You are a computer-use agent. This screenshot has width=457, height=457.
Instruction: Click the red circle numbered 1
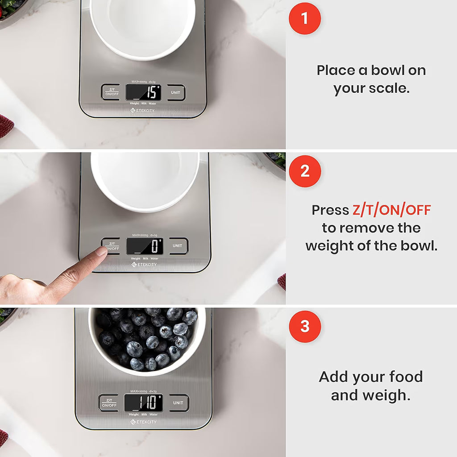click(305, 18)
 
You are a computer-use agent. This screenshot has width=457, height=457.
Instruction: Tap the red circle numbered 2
click(305, 171)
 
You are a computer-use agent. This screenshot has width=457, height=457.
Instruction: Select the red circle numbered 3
click(305, 326)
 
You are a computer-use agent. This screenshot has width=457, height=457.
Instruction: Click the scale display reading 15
click(143, 92)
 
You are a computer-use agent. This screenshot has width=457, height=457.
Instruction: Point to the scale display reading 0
click(145, 246)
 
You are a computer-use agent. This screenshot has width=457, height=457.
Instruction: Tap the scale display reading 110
click(143, 403)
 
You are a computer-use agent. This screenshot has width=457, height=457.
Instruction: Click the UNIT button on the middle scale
click(178, 246)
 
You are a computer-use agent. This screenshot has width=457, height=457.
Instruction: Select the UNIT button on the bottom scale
click(178, 403)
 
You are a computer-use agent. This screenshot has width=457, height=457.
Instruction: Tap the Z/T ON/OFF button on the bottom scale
click(109, 403)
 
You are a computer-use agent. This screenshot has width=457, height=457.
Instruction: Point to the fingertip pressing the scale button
click(101, 252)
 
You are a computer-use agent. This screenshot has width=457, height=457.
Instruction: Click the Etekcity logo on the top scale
click(143, 110)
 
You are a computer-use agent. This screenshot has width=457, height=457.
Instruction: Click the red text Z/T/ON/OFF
click(391, 210)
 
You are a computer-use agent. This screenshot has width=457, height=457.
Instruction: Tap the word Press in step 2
click(330, 210)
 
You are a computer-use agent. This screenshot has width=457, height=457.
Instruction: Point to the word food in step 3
click(405, 377)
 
